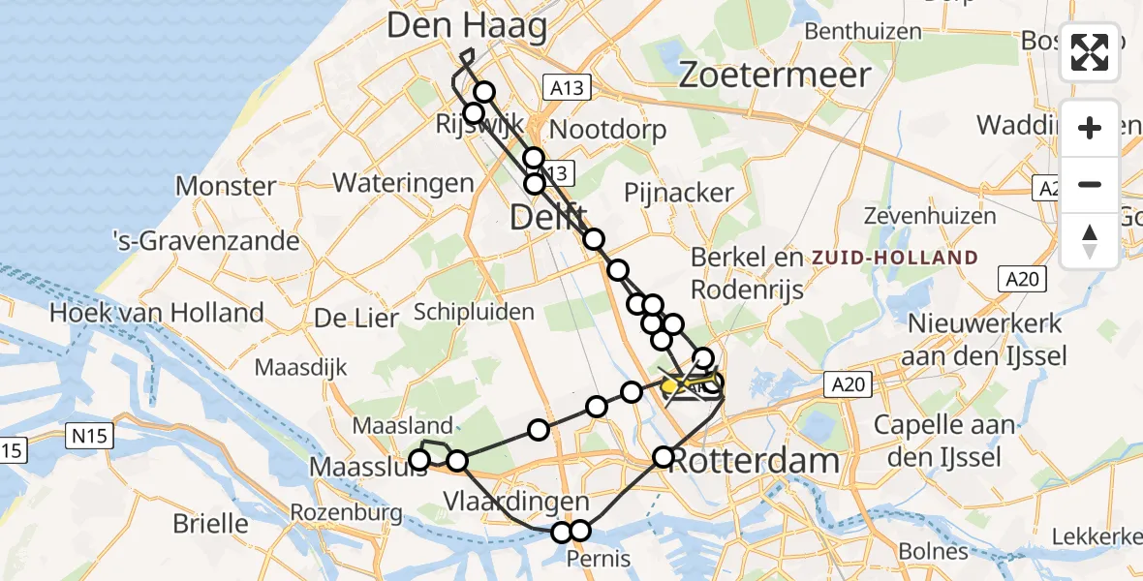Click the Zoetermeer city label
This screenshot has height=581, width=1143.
pyautogui.click(x=775, y=75)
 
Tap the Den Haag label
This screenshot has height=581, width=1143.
pyautogui.click(x=467, y=26)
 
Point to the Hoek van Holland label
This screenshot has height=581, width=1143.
pyautogui.click(x=156, y=313)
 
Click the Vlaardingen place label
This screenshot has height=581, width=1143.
pyautogui.click(x=516, y=502)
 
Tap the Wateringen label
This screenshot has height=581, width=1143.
pyautogui.click(x=403, y=183)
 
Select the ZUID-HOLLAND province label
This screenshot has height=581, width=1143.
pyautogui.click(x=896, y=258)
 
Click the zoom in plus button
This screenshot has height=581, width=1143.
pyautogui.click(x=1090, y=128)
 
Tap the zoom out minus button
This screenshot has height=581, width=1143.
pyautogui.click(x=1090, y=184)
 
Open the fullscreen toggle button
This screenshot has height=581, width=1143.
pyautogui.click(x=1090, y=52)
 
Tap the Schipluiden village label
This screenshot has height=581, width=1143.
pyautogui.click(x=474, y=312)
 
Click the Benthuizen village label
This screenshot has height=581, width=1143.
pyautogui.click(x=863, y=31)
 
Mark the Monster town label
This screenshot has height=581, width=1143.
pyautogui.click(x=225, y=186)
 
